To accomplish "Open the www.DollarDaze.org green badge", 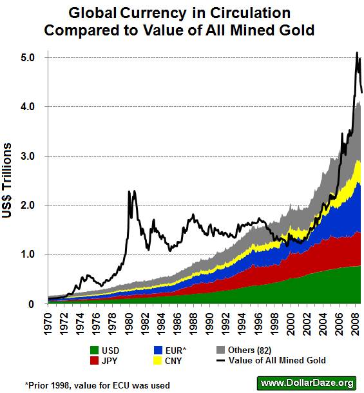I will (307, 383).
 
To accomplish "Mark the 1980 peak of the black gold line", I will (129, 191).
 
